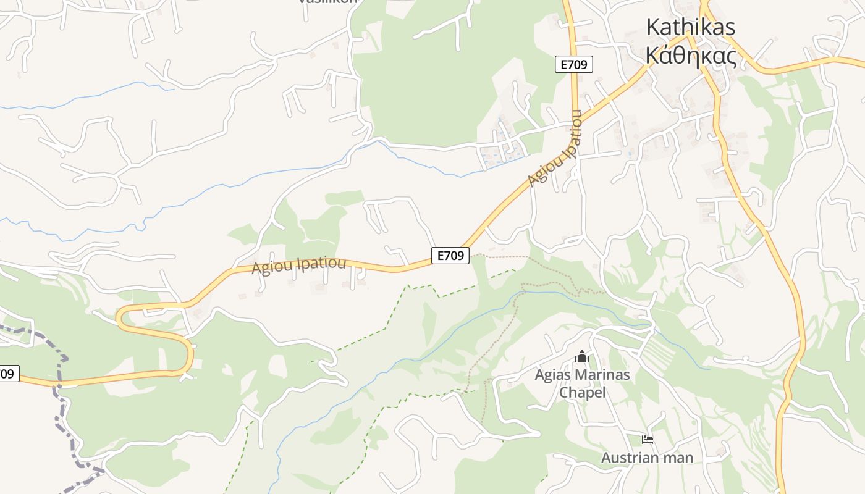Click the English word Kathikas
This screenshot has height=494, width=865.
coord(691,27)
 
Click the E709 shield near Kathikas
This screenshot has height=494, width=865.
coord(573,64)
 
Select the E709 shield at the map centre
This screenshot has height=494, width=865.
coord(450,255)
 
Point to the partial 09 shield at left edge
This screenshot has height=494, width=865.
coord(8,374)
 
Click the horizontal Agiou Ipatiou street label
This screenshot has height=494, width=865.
coord(298,266)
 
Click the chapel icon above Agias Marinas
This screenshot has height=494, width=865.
coord(581,357)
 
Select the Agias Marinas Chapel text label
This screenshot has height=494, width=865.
coord(582,383)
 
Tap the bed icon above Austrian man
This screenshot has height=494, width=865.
coord(647,440)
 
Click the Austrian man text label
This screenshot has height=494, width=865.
coord(647,458)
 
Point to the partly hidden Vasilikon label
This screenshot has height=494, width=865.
coord(327,2)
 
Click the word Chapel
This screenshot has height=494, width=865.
coord(582,393)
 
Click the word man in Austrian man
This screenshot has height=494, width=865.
coord(678,458)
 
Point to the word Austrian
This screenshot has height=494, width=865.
coord(630,458)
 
